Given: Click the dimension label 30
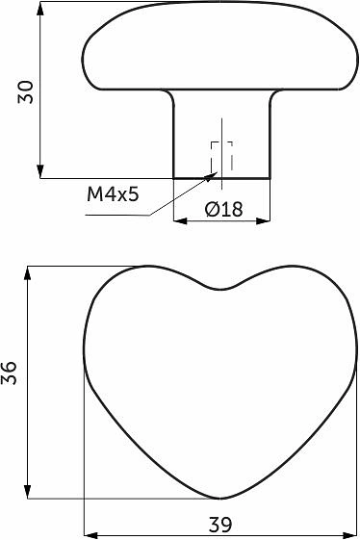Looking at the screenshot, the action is coord(26,92).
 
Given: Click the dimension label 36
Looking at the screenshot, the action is coord(9,373).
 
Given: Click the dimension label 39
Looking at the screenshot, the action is coord(220,525).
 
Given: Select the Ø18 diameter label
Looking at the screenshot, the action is coord(224,209).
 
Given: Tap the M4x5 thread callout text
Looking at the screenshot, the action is coord(113,194).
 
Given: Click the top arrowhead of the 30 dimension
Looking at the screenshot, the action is coord(40,9).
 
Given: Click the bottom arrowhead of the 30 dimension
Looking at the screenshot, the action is coord(40,171).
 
